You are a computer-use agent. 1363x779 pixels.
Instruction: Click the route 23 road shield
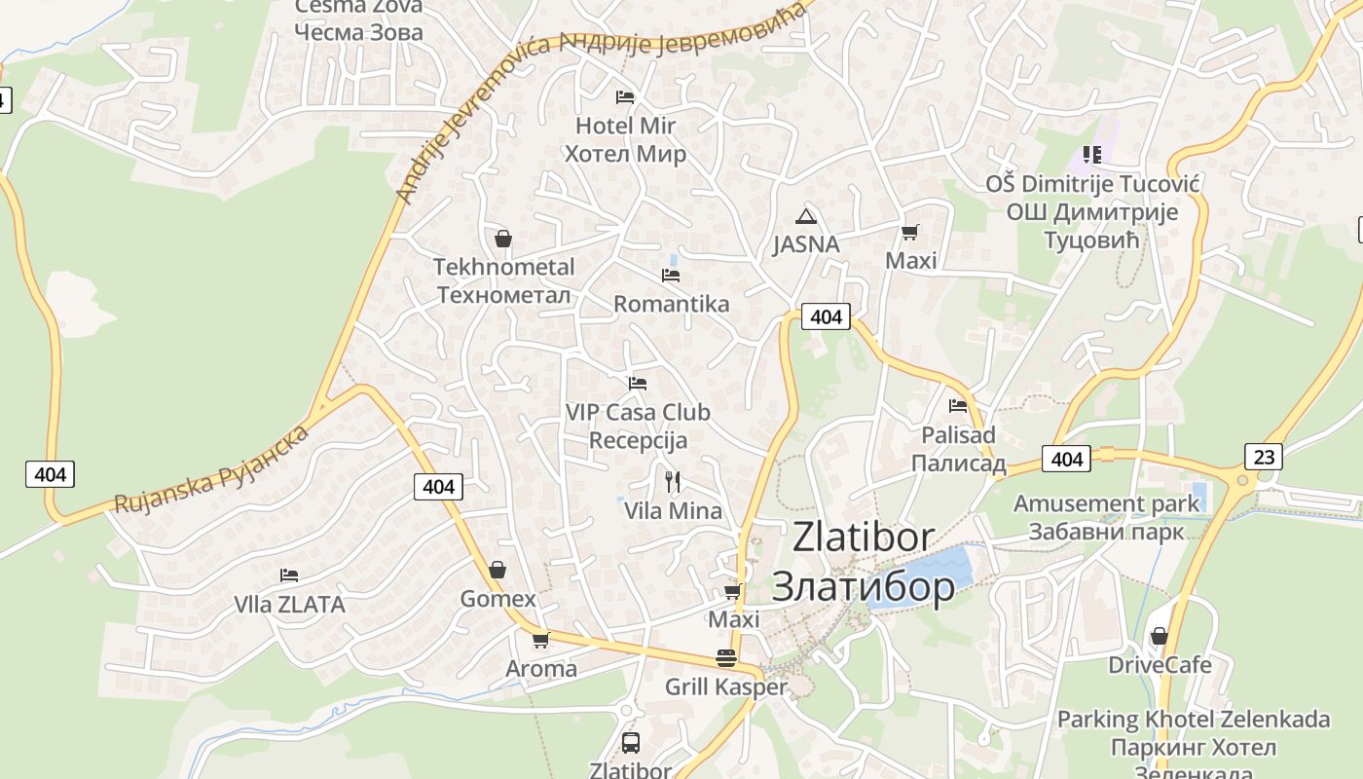click(x=1263, y=456)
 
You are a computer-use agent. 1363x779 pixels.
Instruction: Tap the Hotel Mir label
click(x=625, y=126)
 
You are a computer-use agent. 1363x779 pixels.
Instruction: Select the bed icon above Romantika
click(x=671, y=276)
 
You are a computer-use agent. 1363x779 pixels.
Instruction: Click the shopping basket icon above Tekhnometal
click(x=503, y=239)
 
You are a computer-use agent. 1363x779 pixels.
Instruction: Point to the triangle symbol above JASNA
click(x=805, y=216)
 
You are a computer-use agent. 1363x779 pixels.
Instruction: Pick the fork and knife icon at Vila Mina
click(x=672, y=481)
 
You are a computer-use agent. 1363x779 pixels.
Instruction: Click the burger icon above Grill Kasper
click(x=725, y=657)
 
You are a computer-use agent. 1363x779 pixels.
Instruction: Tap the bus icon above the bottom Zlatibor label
click(x=630, y=743)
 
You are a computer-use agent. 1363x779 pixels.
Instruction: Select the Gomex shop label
click(x=497, y=599)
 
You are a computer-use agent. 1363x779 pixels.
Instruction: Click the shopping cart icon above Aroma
click(x=540, y=640)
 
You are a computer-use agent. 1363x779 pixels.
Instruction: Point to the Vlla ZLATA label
click(x=289, y=605)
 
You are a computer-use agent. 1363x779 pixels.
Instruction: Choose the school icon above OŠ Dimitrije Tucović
click(x=1091, y=155)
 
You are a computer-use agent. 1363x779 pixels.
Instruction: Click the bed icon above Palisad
click(x=958, y=406)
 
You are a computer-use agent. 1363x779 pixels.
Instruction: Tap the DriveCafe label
click(x=1160, y=665)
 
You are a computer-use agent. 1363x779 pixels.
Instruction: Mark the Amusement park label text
click(x=1107, y=504)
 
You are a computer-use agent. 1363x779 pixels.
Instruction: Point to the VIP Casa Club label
click(x=638, y=413)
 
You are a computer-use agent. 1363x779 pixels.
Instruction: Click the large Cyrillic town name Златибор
click(x=863, y=586)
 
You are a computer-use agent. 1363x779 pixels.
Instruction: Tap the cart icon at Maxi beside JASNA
click(x=910, y=232)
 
